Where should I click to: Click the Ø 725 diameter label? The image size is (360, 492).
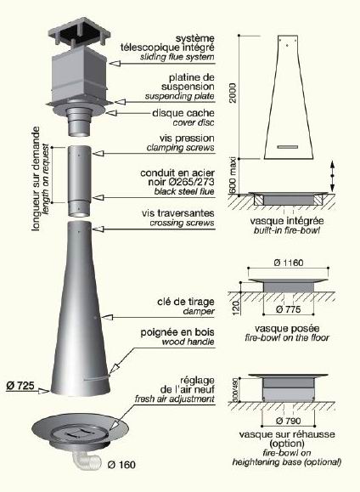(20, 385)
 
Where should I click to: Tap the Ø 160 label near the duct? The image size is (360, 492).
(121, 465)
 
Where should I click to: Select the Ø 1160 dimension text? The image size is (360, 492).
(289, 263)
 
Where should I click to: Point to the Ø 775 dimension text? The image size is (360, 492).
(289, 309)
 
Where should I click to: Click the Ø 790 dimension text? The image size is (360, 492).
(289, 421)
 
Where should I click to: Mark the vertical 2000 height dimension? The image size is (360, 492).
(233, 93)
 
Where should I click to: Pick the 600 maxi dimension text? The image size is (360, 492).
(233, 177)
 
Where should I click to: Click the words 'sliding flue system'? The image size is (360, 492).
(177, 57)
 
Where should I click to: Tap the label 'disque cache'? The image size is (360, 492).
(183, 113)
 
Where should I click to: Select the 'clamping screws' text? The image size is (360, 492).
(181, 148)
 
